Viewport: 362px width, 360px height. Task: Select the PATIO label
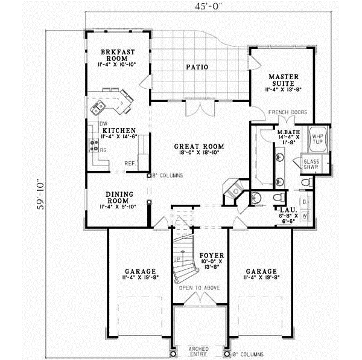(197, 67)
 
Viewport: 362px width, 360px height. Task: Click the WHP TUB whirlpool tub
(317, 140)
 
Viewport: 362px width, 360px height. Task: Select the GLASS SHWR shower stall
(311, 165)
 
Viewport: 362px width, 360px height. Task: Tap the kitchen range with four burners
(95, 145)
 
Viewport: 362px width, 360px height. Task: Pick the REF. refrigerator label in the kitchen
(130, 163)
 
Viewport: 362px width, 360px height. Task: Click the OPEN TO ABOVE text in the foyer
(198, 288)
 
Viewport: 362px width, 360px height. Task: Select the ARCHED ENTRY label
(198, 352)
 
